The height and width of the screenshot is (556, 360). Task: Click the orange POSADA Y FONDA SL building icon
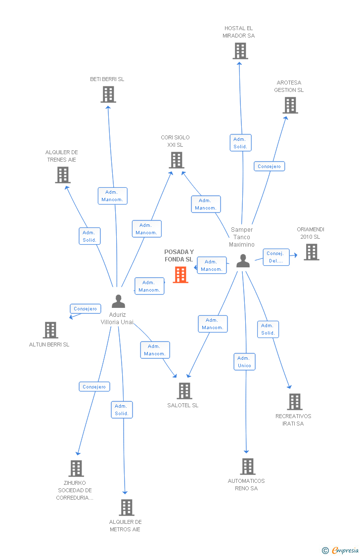[180, 275]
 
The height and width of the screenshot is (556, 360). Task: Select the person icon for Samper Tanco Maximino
[243, 260]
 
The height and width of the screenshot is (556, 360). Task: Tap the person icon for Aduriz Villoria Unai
[118, 301]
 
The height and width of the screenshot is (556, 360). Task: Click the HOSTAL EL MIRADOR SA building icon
[240, 51]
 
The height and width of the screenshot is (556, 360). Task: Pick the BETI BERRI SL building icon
[108, 94]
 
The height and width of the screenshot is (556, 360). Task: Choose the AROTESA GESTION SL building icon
[290, 105]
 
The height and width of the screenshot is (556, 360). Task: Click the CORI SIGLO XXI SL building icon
[177, 160]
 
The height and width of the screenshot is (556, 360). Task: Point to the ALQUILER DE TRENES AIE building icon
[63, 175]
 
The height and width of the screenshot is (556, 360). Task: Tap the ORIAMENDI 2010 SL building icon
[311, 252]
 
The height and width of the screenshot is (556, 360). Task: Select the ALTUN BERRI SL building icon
[50, 330]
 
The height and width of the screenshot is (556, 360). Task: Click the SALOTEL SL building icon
[184, 391]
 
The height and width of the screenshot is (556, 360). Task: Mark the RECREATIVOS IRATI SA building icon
[294, 402]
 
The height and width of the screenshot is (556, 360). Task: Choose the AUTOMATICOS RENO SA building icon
[247, 467]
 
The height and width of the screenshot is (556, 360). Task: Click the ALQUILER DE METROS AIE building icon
[126, 508]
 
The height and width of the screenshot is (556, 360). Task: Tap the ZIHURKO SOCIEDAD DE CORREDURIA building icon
[76, 469]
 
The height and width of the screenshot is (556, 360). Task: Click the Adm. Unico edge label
[244, 362]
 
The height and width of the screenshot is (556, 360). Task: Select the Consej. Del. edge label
[275, 257]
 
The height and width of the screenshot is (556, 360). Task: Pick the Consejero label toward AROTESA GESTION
[269, 167]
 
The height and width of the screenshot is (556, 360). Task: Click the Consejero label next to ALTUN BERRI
[85, 309]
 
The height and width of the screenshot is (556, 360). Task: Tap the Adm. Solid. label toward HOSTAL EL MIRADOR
[240, 143]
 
